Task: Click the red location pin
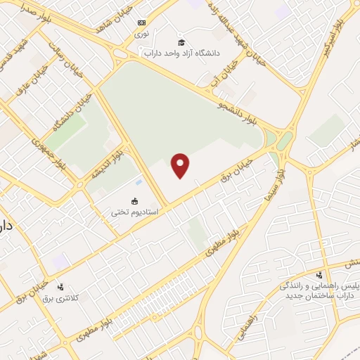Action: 181,165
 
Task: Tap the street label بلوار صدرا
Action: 21,13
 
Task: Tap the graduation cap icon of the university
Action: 181,43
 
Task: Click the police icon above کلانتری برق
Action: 60,287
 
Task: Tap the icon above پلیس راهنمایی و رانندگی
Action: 319,274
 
